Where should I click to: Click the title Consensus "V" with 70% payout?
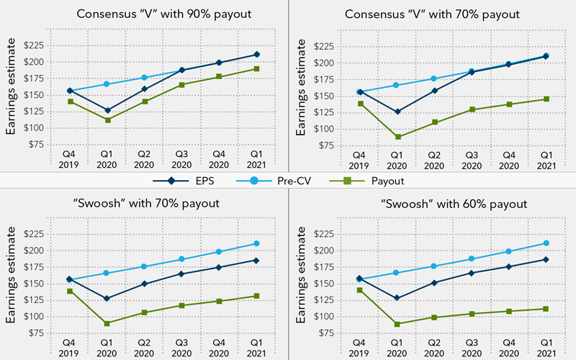433,14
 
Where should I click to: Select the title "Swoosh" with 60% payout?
433,204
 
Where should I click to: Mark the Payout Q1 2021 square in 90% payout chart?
257,69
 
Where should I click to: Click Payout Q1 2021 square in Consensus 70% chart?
546,99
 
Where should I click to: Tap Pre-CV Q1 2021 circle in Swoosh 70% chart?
257,243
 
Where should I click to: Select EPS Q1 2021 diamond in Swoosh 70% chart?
257,260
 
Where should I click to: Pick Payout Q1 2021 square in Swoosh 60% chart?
546,309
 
